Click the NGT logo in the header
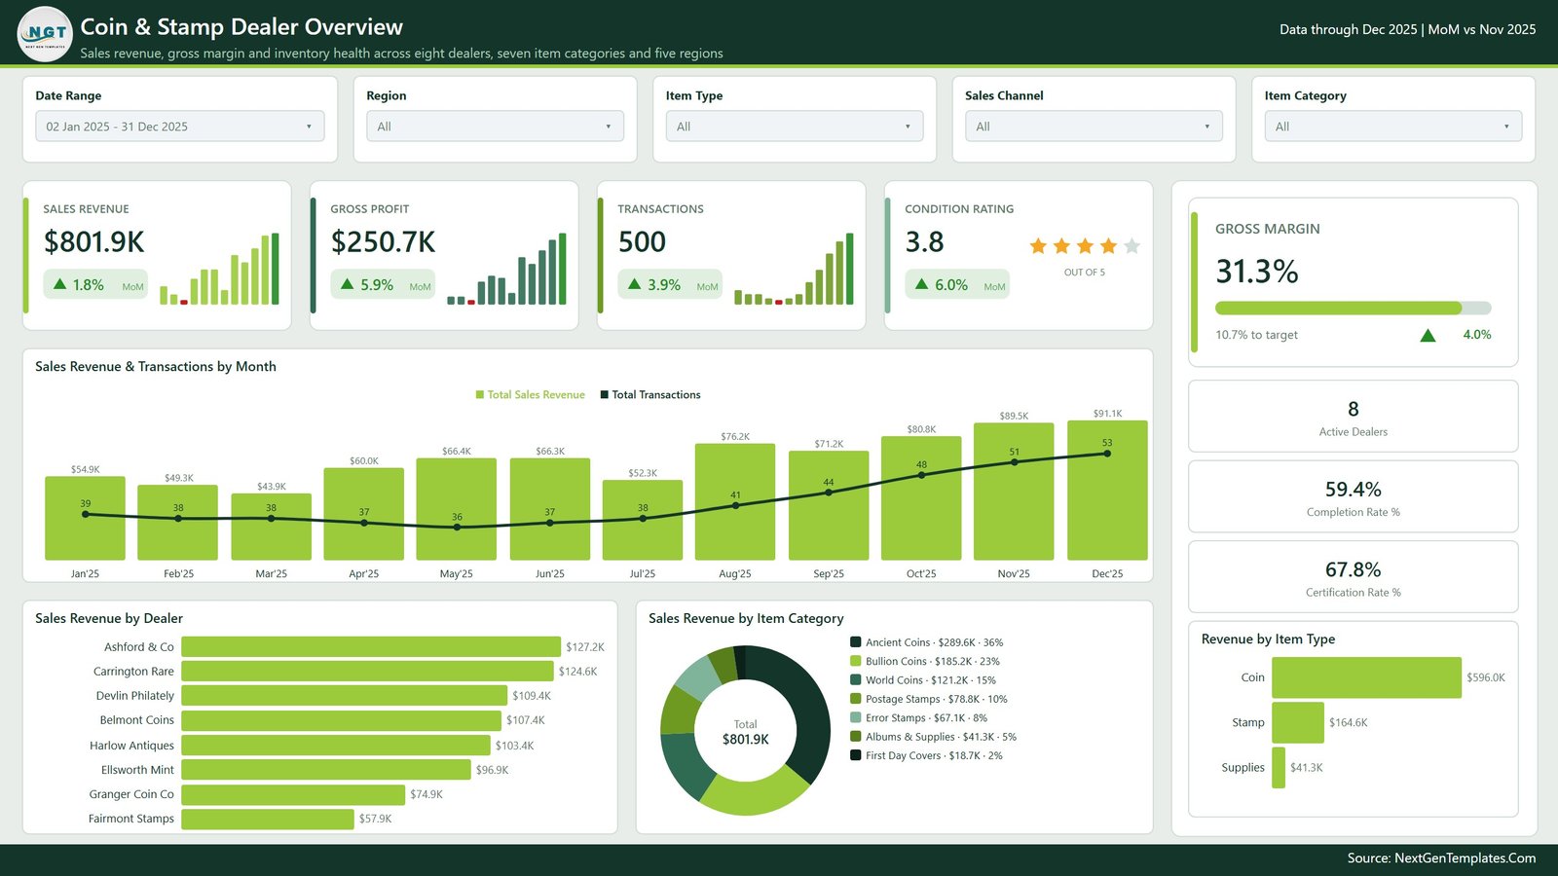[x=45, y=33]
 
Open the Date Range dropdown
[x=179, y=127]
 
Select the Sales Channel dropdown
[x=1094, y=127]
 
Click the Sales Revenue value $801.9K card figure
[x=93, y=242]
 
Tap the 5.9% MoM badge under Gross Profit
[x=383, y=285]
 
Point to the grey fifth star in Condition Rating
[x=1131, y=246]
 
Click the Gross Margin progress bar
[x=1353, y=308]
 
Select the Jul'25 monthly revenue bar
[x=642, y=520]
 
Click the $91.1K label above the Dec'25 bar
[x=1107, y=413]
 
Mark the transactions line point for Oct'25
[x=921, y=476]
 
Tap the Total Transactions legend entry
[x=650, y=395]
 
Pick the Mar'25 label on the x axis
[x=272, y=573]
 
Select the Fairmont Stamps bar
[x=267, y=819]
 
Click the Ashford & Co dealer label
[x=139, y=647]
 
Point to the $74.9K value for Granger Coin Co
[x=427, y=794]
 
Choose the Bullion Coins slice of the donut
[x=754, y=792]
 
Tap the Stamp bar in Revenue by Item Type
[x=1298, y=722]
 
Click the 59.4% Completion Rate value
[x=1353, y=490]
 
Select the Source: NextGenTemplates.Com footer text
[x=1441, y=858]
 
